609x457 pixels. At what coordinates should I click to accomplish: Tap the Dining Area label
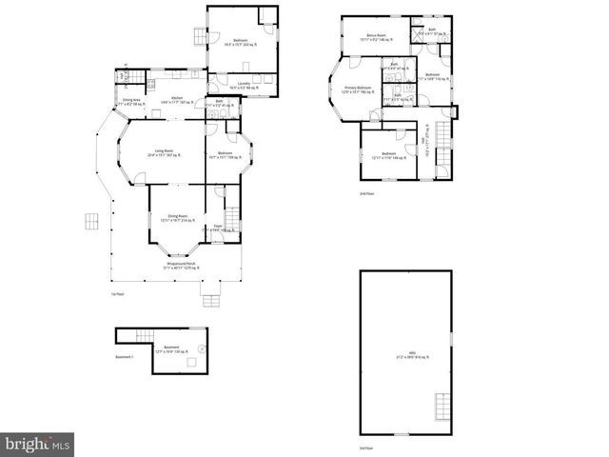(x=131, y=100)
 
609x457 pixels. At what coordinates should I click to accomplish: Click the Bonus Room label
(x=375, y=37)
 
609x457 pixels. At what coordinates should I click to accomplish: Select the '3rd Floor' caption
(x=366, y=447)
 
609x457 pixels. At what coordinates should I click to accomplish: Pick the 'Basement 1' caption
(x=125, y=357)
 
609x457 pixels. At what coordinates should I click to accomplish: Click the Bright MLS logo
(x=38, y=444)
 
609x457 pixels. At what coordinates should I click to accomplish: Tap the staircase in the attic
(x=441, y=407)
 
